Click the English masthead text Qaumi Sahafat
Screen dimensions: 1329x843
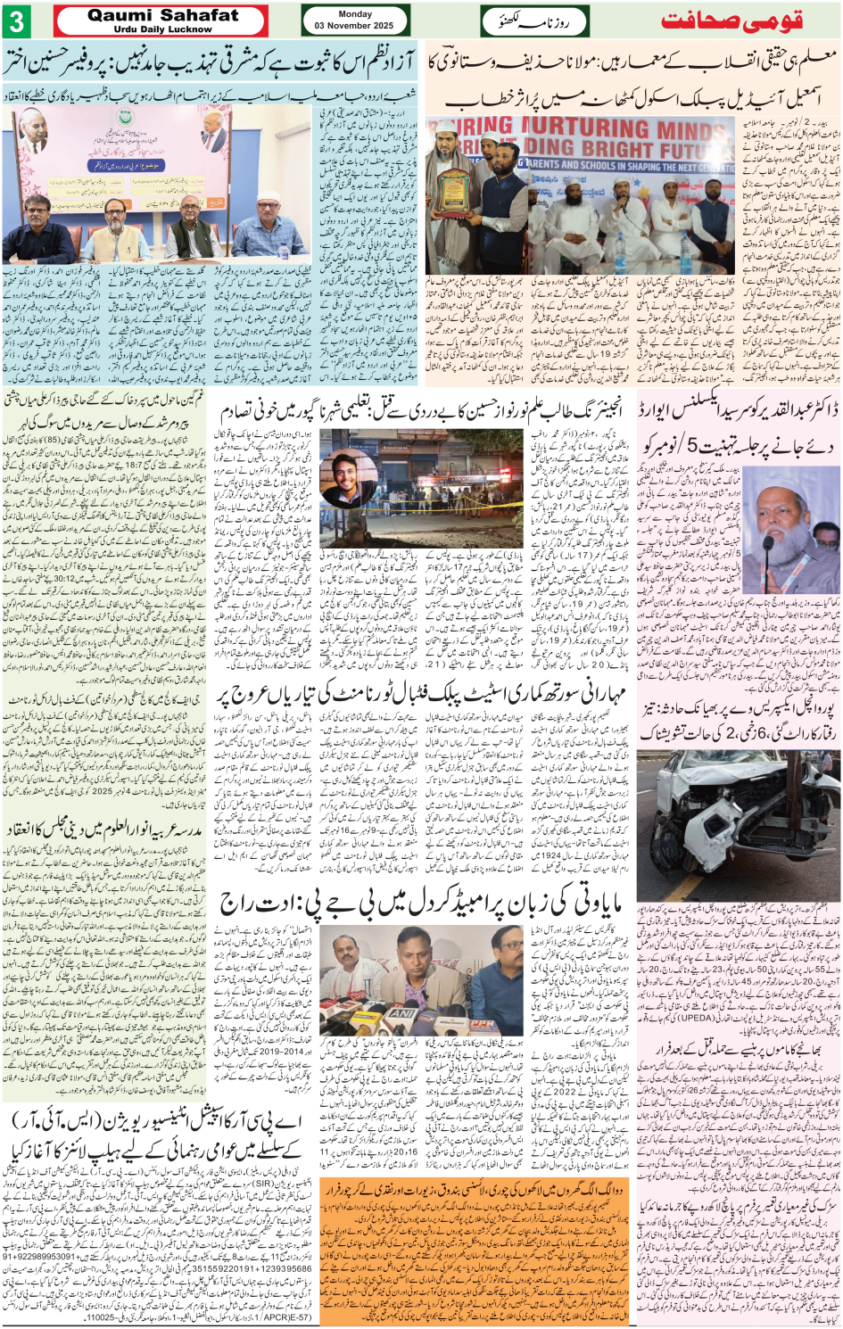[163, 15]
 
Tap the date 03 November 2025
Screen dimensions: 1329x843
[354, 26]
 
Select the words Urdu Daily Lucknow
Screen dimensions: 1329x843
[163, 29]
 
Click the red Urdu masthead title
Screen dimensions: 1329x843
[732, 21]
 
